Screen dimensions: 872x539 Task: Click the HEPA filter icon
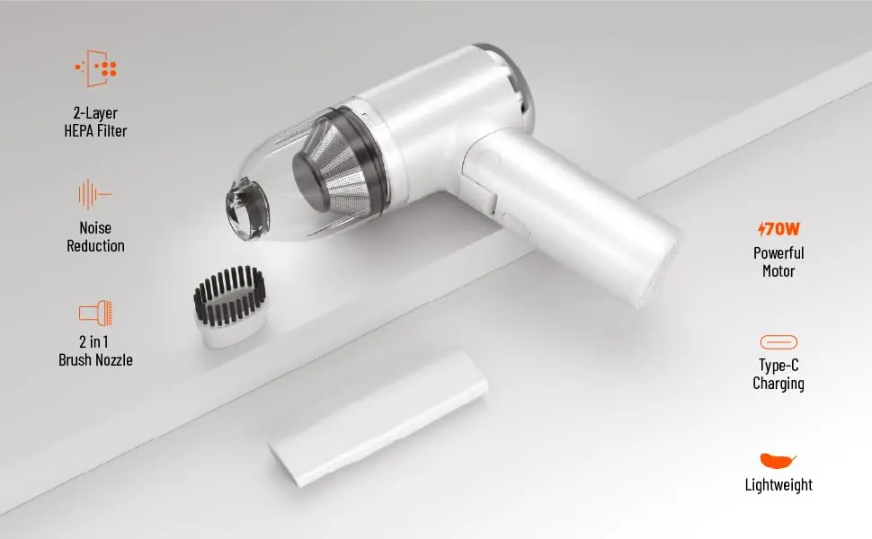click(x=96, y=68)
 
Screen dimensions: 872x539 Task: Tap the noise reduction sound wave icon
click(x=94, y=194)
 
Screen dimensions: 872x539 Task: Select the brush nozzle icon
click(x=95, y=313)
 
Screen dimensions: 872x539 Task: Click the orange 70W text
click(x=779, y=229)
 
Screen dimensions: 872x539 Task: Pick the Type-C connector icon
click(x=779, y=341)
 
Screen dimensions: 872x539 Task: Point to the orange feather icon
click(x=778, y=461)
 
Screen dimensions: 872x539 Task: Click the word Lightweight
click(x=779, y=485)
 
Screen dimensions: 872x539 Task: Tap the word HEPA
click(x=78, y=131)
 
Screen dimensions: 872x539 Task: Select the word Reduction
click(x=95, y=246)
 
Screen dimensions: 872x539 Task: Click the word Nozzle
click(x=113, y=360)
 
